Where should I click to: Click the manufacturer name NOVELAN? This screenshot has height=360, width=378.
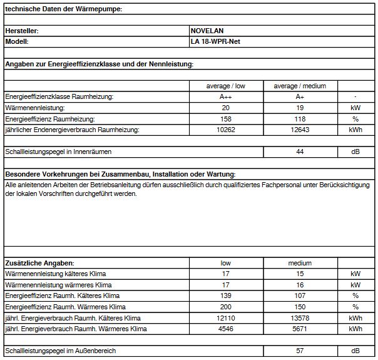click(207, 30)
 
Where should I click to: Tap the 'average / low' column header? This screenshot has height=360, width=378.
click(226, 86)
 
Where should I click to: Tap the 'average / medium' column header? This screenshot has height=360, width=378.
click(300, 86)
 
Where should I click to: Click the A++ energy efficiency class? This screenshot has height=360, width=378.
click(226, 97)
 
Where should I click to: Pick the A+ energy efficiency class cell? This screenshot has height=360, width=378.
click(300, 97)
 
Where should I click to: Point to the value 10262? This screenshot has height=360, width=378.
click(226, 130)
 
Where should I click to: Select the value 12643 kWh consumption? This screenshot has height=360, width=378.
click(300, 130)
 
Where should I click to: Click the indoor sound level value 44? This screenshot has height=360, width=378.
click(300, 152)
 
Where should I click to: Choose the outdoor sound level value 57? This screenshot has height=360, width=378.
click(300, 351)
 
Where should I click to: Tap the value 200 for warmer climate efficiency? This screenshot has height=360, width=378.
click(226, 307)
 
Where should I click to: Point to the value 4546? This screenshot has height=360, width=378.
click(226, 329)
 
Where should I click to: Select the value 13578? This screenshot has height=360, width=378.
click(300, 318)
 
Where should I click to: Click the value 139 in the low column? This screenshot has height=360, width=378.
click(226, 296)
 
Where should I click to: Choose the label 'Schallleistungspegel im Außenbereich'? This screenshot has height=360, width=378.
click(60, 351)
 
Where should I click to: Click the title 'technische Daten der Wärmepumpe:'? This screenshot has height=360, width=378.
click(63, 8)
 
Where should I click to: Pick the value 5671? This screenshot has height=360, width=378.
click(300, 329)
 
